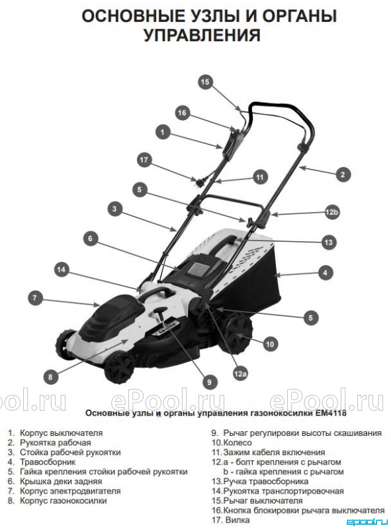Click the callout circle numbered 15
[x=205, y=81]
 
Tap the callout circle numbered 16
[x=182, y=113]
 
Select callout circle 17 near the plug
[x=144, y=160]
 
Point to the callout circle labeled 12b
[x=331, y=212]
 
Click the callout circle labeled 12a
[x=240, y=374]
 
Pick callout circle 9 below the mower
[x=209, y=382]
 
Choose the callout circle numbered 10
[x=270, y=344]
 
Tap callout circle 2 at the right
[x=343, y=174]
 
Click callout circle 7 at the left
[x=35, y=298]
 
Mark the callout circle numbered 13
[x=329, y=242]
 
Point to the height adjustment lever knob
[x=159, y=310]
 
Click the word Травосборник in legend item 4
[x=48, y=462]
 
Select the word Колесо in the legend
[x=238, y=443]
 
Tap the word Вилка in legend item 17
[x=238, y=520]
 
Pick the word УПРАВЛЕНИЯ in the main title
[x=202, y=35]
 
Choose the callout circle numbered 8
[x=50, y=376]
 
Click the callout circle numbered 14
[x=61, y=270]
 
